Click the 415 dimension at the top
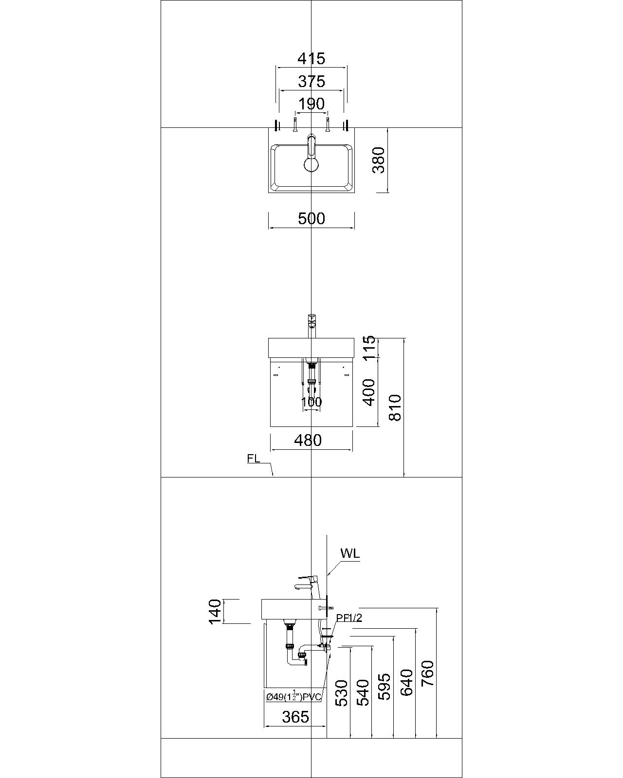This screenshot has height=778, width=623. pyautogui.click(x=311, y=59)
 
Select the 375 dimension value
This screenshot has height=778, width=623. pyautogui.click(x=311, y=81)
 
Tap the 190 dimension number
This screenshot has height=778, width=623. pyautogui.click(x=311, y=104)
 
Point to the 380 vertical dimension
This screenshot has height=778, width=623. pyautogui.click(x=379, y=160)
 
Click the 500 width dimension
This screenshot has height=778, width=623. pyautogui.click(x=311, y=219)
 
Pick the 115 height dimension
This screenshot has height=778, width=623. pyautogui.click(x=369, y=348)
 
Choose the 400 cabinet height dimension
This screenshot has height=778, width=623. pyautogui.click(x=369, y=392)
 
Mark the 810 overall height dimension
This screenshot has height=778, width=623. pyautogui.click(x=395, y=407)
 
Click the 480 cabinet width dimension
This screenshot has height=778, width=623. pyautogui.click(x=308, y=440)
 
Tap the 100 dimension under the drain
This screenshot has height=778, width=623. pyautogui.click(x=311, y=402)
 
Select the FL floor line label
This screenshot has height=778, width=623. pyautogui.click(x=253, y=459)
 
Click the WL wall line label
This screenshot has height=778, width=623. pyautogui.click(x=350, y=553)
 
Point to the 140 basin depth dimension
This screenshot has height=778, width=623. pyautogui.click(x=215, y=611)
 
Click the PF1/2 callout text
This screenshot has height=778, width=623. pyautogui.click(x=349, y=618)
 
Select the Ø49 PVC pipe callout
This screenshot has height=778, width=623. pyautogui.click(x=293, y=697)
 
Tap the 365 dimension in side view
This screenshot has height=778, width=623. pyautogui.click(x=295, y=717)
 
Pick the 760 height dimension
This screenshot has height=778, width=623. pyautogui.click(x=427, y=673)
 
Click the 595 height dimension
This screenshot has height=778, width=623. pyautogui.click(x=385, y=686)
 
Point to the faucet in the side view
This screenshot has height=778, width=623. pyautogui.click(x=307, y=582)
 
